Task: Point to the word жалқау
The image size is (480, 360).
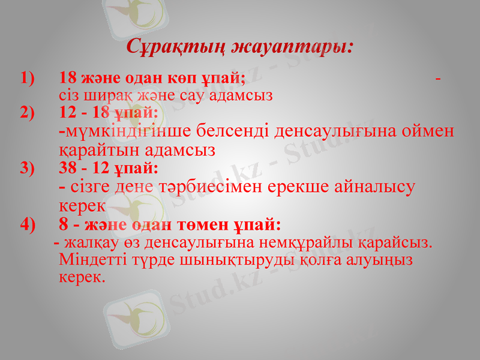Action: [90, 243]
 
